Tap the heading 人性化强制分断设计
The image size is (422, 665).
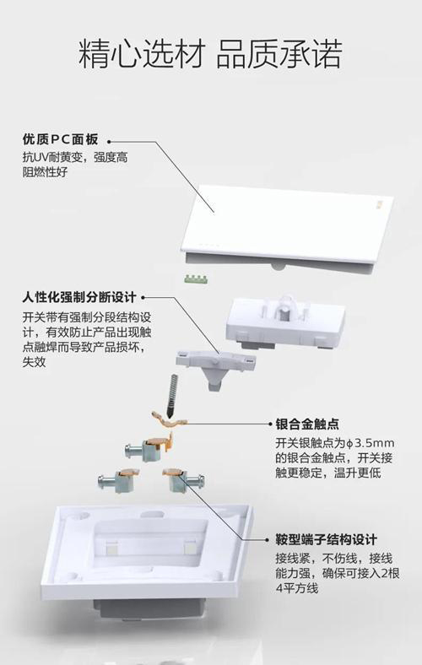78,298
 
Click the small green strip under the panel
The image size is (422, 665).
197,276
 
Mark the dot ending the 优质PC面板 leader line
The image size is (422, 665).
109,141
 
